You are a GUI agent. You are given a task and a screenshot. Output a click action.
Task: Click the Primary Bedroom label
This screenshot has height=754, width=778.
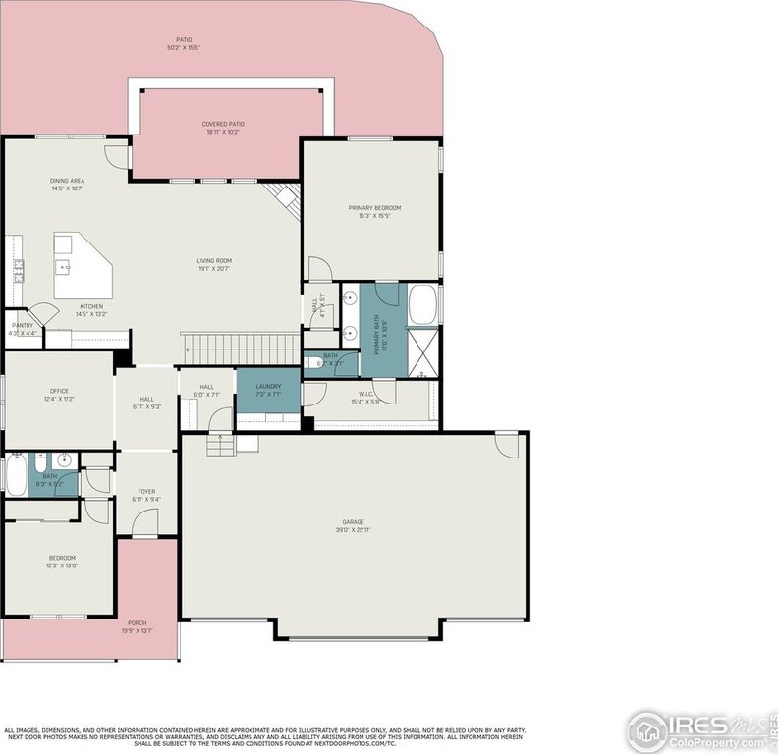pyautogui.click(x=374, y=208)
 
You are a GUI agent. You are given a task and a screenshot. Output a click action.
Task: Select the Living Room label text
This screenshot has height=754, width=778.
pyautogui.click(x=213, y=261)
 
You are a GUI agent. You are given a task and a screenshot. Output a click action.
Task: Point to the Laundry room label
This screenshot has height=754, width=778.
pyautogui.click(x=268, y=386)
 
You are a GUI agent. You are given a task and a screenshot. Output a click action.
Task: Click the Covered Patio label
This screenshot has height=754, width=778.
pyautogui.click(x=223, y=125)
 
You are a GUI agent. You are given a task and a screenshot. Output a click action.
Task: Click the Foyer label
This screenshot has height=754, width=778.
pyautogui.click(x=146, y=492)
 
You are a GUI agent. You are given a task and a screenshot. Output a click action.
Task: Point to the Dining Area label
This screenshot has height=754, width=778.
pyautogui.click(x=67, y=182)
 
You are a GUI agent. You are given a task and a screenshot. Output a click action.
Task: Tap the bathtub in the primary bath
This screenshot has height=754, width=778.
pyautogui.click(x=423, y=304)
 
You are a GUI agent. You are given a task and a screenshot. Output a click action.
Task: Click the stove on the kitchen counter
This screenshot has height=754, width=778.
pyautogui.click(x=17, y=271)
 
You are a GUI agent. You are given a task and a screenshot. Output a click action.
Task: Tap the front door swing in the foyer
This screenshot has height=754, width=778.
pyautogui.click(x=145, y=522)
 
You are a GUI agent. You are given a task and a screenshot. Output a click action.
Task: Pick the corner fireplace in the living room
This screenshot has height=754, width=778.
pyautogui.click(x=286, y=199)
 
